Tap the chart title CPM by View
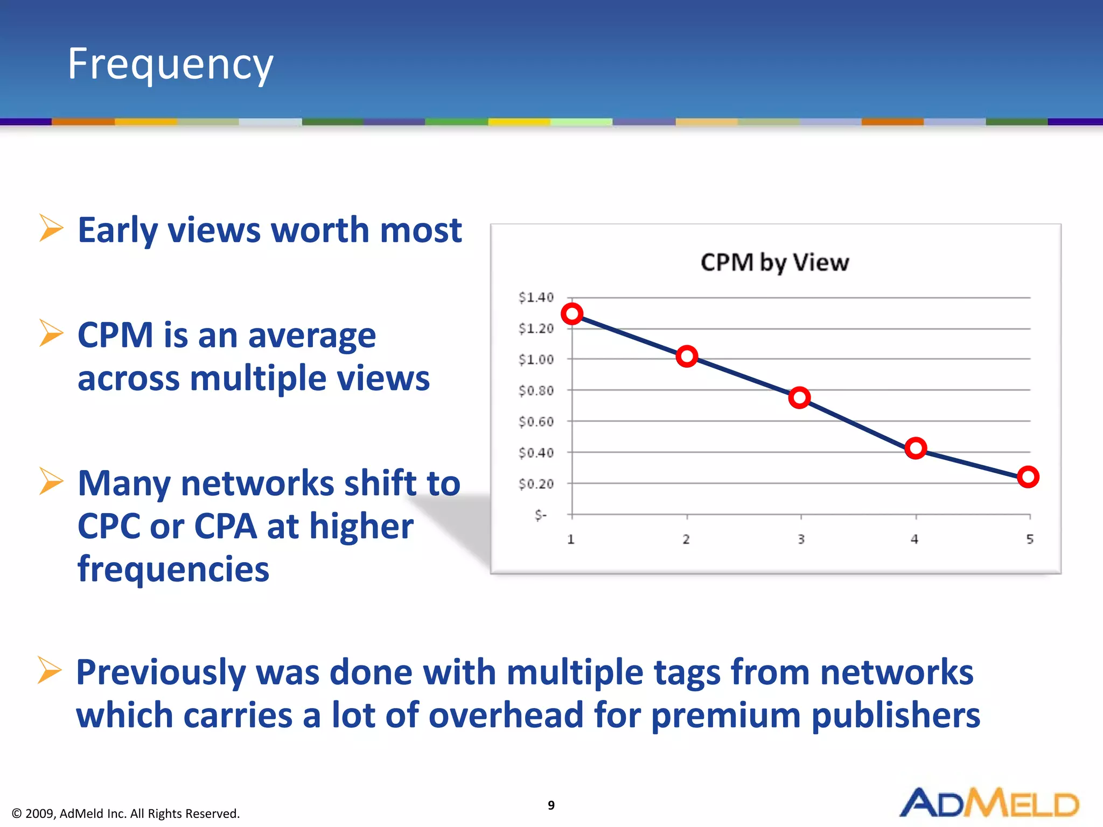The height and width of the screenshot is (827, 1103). point(774,263)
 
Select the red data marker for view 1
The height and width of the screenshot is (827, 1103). point(572,314)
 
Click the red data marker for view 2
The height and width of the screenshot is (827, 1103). point(687,356)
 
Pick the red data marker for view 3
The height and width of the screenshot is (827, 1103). point(800,398)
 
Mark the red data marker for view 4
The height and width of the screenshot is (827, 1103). point(916,448)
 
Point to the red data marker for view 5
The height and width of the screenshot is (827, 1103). point(1028,477)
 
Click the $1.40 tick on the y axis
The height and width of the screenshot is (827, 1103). point(536,297)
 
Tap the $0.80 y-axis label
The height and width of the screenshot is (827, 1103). point(536,390)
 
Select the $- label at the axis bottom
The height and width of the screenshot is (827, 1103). point(541,515)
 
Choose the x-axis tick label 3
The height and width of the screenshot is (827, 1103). point(801,539)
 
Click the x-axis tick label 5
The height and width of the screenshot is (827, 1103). point(1030,539)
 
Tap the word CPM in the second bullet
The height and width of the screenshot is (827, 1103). point(116,335)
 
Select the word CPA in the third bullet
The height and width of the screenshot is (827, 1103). point(225,526)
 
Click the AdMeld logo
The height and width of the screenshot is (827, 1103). point(989,803)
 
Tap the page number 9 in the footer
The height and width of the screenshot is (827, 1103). point(551,805)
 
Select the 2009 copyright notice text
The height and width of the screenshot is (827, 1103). point(125,813)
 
